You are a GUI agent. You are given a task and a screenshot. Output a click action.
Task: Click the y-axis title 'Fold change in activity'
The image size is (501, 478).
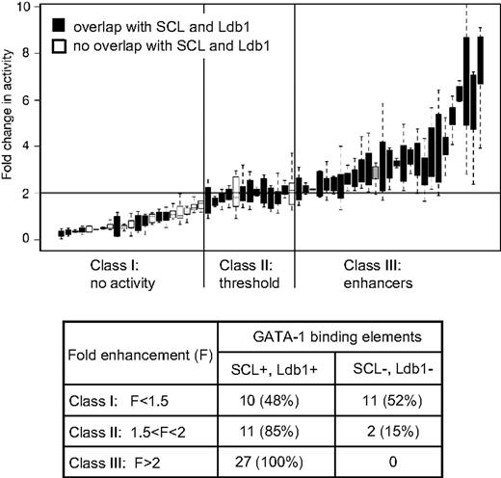point(10,124)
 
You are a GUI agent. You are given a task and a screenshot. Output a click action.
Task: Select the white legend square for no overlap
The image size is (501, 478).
point(60,44)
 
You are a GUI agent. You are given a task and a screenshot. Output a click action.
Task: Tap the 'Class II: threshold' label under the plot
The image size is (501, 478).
point(249,274)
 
